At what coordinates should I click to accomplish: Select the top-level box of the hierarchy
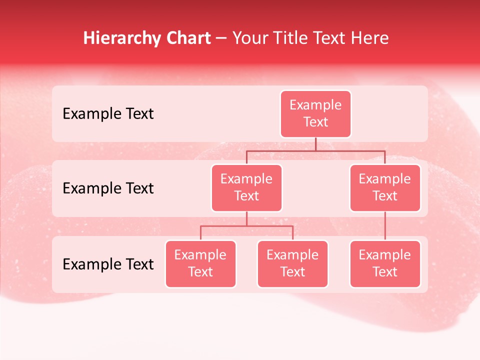(315, 114)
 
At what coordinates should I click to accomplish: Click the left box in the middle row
(246, 188)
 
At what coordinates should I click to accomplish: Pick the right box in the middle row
(385, 188)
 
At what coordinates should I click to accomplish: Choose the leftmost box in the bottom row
(200, 264)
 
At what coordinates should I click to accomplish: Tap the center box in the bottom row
(292, 264)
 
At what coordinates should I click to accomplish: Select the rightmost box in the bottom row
(385, 264)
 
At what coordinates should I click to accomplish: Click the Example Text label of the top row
(108, 114)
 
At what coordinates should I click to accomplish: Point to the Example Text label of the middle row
(108, 188)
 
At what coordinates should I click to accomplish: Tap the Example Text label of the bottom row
(108, 264)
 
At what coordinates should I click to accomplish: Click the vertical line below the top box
(315, 144)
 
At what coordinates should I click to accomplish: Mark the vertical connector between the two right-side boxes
(385, 226)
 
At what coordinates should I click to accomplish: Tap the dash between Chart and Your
(221, 39)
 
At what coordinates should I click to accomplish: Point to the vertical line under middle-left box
(246, 218)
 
